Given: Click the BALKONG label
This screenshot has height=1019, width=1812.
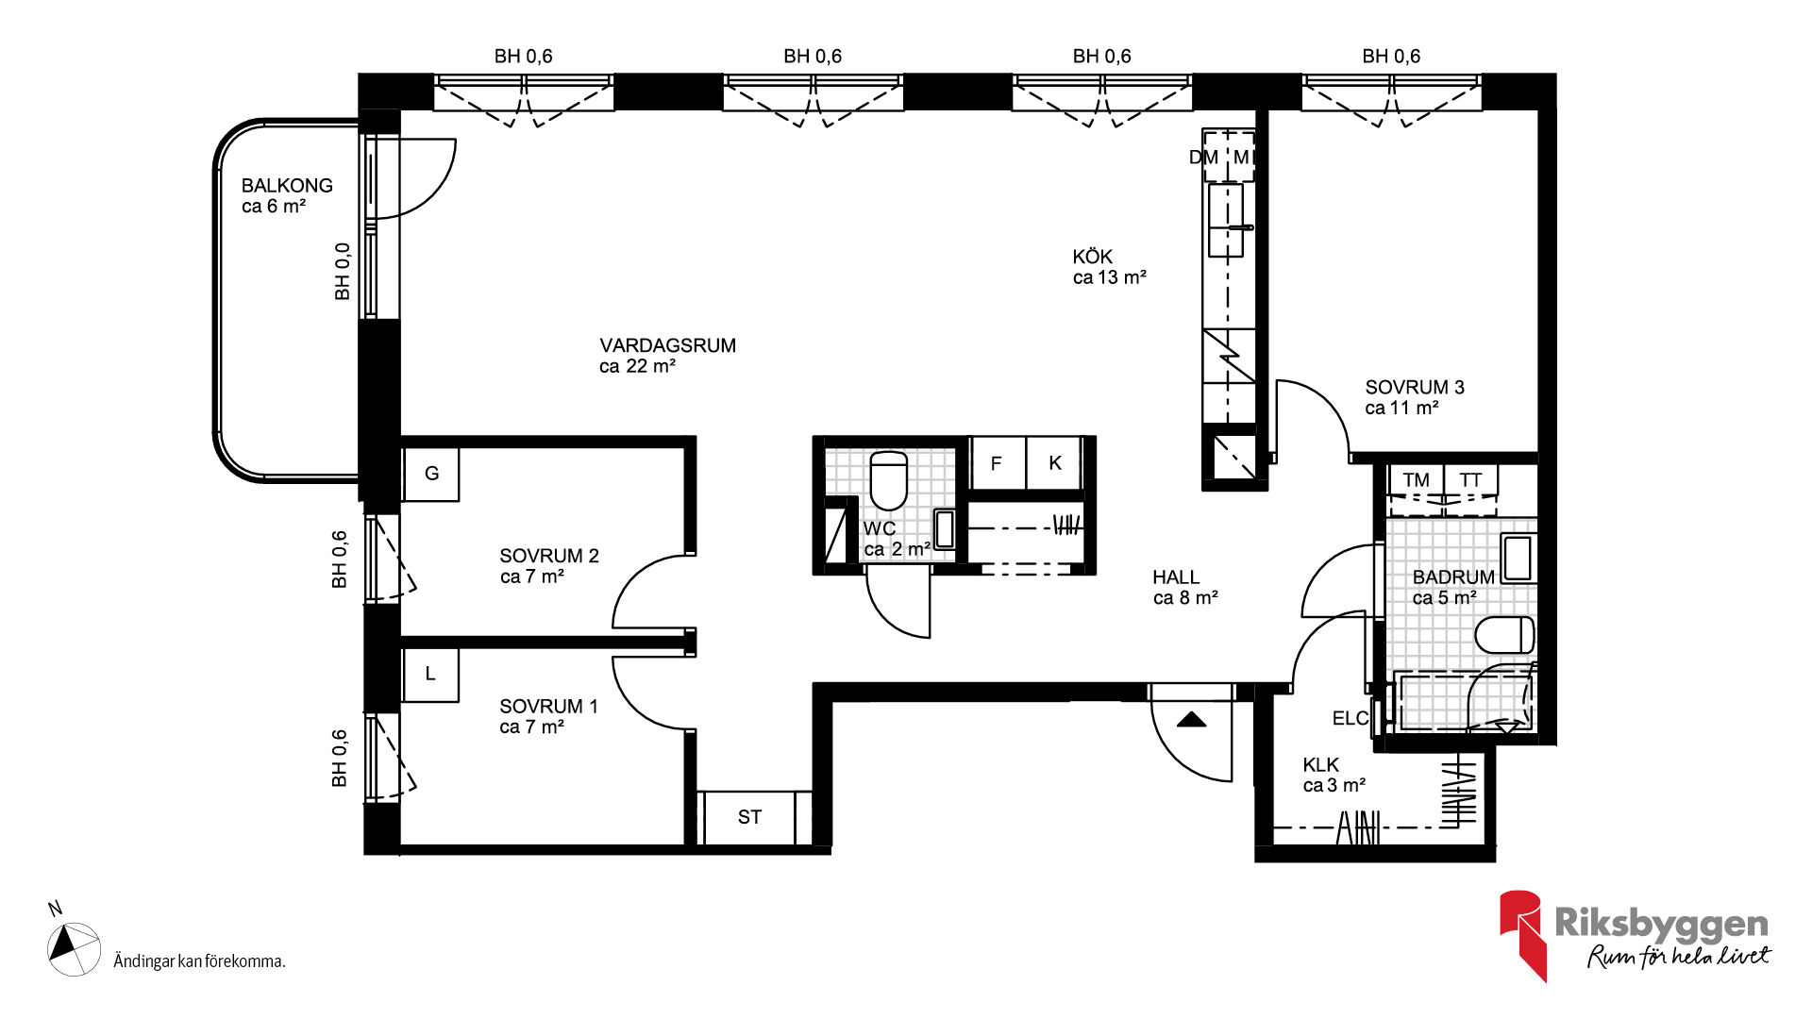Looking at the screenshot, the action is [x=287, y=186].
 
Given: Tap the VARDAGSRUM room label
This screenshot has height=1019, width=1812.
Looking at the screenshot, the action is [x=667, y=345].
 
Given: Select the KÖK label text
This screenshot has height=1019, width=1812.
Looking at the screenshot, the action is [x=1092, y=257].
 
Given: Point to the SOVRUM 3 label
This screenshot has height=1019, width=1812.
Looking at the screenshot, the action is [x=1414, y=387].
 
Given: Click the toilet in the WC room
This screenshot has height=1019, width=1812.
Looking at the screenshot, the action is [x=888, y=480].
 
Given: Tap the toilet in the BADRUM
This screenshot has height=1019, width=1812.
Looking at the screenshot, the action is [x=1504, y=635].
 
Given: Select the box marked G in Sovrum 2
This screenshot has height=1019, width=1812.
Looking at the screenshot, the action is [x=431, y=474].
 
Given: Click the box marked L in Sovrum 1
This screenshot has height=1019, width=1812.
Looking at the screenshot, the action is [x=430, y=674].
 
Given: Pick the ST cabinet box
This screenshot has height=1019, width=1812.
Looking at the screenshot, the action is [x=749, y=817].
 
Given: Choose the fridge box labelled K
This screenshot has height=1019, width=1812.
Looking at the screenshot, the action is [x=1054, y=463].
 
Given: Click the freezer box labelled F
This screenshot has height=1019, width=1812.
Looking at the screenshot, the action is [x=997, y=463].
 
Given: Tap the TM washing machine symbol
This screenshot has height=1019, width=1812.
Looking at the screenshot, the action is [x=1416, y=480].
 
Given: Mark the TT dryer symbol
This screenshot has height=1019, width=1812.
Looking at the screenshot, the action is [x=1470, y=480].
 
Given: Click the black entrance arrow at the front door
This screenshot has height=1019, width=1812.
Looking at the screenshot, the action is [x=1192, y=720].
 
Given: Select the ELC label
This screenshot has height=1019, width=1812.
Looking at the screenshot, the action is [x=1351, y=719].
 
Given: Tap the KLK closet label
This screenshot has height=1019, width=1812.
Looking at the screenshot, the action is [x=1320, y=764].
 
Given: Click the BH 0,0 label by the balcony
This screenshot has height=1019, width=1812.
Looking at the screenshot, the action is [x=342, y=272].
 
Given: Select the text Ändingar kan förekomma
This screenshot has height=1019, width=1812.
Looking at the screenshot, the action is [x=199, y=961].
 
